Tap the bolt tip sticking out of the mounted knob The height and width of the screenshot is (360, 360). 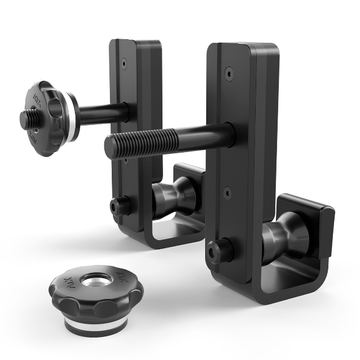tap(26, 120)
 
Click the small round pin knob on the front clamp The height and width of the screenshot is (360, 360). tap(219, 251)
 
